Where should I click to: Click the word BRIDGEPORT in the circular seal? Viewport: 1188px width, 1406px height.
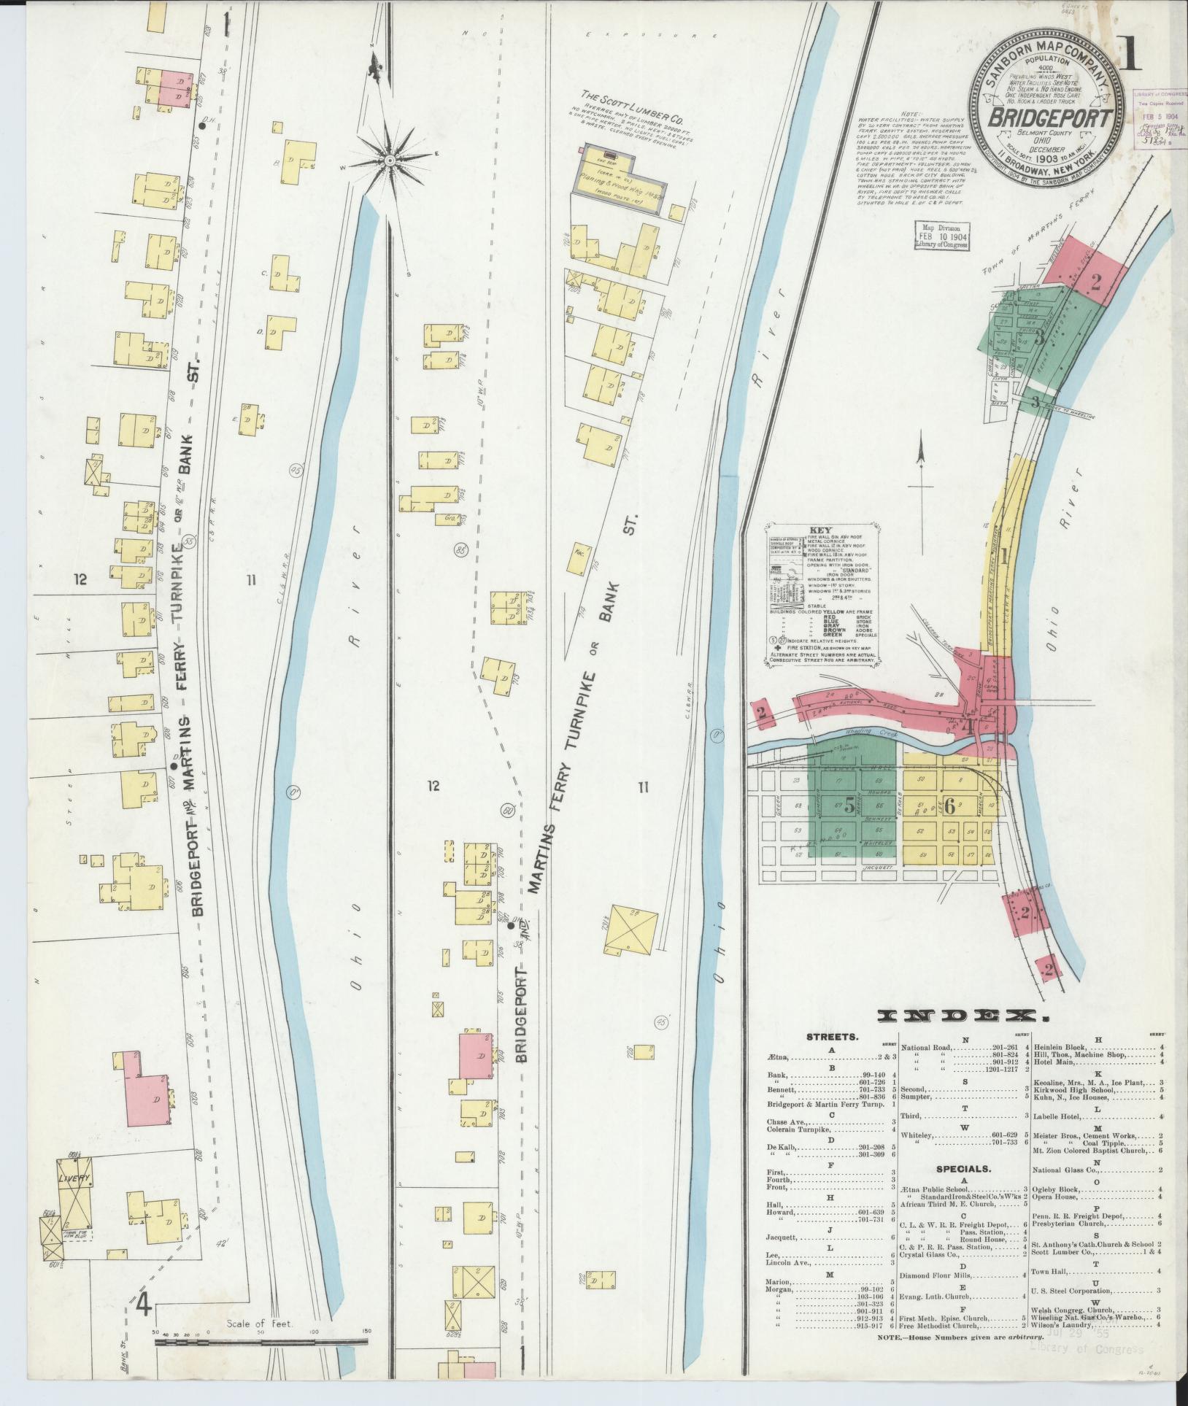click(1052, 119)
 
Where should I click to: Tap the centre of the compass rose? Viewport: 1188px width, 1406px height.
click(390, 160)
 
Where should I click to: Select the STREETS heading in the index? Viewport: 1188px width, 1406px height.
click(833, 1037)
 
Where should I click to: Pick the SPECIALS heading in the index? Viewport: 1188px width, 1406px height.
click(962, 1168)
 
